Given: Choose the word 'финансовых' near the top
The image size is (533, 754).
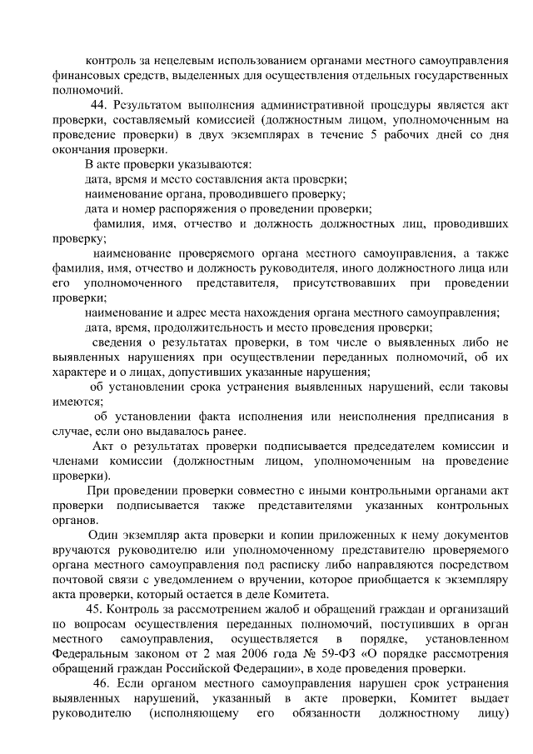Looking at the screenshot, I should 83,76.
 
